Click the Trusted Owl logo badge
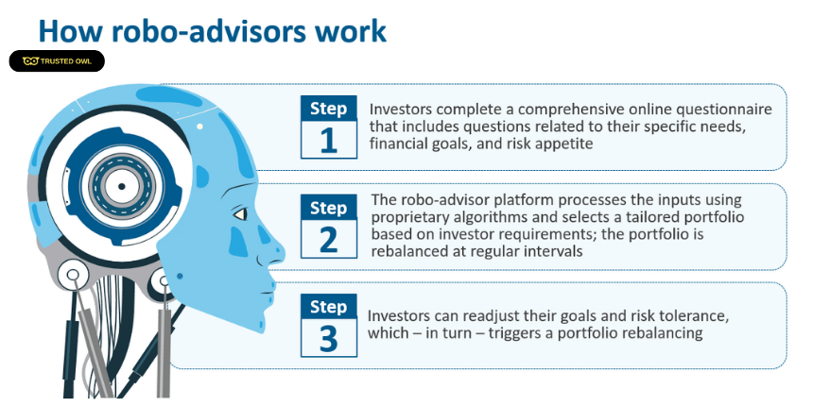[x=57, y=61]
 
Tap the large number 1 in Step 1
[x=329, y=140]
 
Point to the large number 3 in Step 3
[x=329, y=338]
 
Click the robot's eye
[x=239, y=214]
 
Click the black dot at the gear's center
[x=121, y=186]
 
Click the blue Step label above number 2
[x=329, y=208]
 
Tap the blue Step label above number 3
[x=329, y=307]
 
